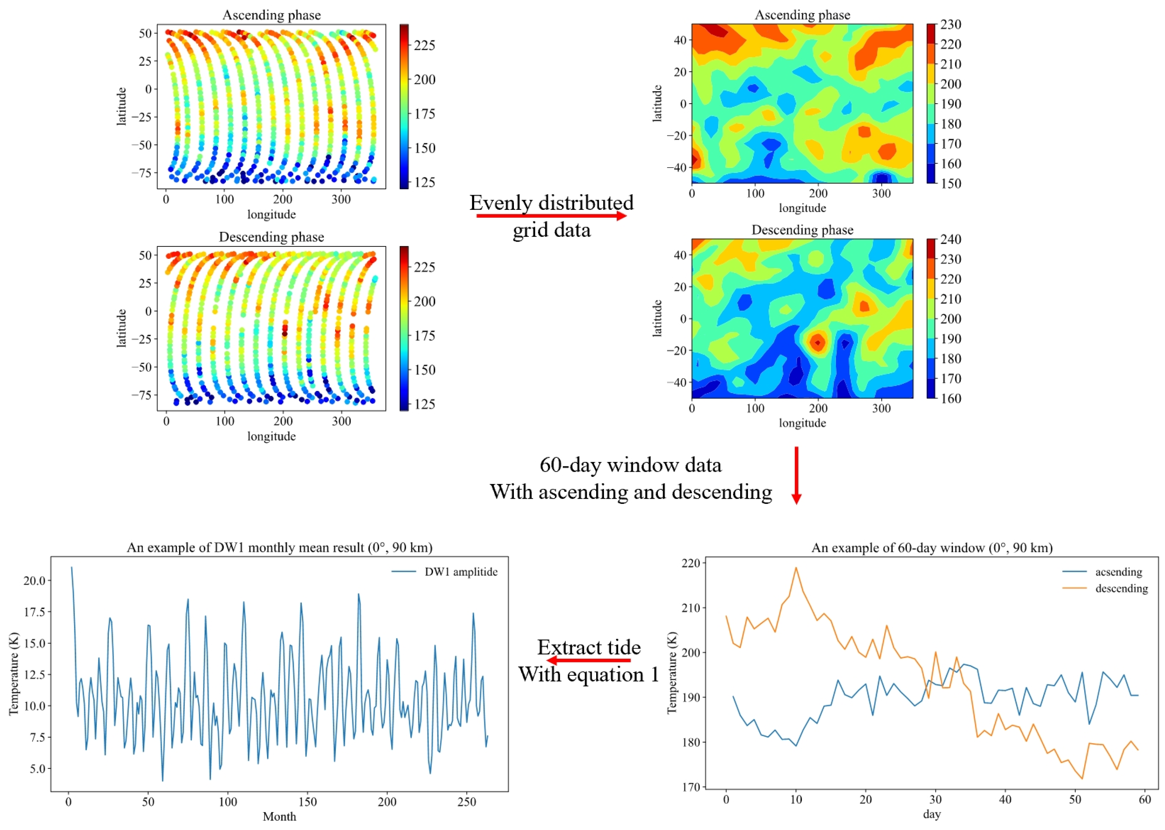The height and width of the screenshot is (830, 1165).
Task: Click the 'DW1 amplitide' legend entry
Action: coord(460,572)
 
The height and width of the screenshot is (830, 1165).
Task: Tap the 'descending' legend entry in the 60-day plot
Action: coord(1121,588)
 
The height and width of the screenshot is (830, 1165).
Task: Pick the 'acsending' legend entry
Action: coord(1118,572)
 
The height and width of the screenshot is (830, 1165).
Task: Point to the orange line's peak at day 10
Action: coord(795,568)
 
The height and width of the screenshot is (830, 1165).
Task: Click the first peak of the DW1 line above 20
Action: coord(71,567)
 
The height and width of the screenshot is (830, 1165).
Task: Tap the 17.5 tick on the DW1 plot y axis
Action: coord(35,612)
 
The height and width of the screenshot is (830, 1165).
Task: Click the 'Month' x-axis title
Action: coord(279,817)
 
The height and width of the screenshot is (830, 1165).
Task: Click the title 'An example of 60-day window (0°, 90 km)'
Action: coord(932,548)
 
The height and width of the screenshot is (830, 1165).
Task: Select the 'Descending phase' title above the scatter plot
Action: coord(271,237)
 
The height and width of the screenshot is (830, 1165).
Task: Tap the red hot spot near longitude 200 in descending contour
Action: coord(818,342)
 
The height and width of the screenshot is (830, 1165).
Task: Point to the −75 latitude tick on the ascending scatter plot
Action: coord(141,173)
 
